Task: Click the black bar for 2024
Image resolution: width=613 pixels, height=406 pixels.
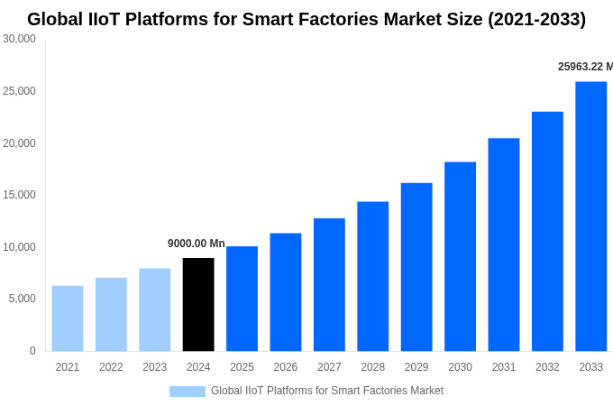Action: point(198,305)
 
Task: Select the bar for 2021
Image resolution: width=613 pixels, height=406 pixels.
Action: point(68,318)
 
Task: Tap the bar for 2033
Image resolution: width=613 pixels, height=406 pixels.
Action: point(590,217)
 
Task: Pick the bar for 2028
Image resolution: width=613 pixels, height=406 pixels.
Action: point(372,276)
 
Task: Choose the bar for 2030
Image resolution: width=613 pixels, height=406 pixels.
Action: point(460,256)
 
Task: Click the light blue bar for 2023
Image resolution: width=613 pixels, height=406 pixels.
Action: point(154,309)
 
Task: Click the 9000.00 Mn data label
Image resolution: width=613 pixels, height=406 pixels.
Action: point(197,244)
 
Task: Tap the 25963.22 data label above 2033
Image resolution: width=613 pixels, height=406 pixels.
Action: point(584,67)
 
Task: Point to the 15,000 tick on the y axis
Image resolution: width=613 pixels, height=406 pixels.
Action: point(19,195)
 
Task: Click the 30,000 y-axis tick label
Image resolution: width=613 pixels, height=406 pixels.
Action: point(19,39)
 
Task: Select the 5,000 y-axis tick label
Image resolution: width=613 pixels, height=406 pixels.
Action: point(22,299)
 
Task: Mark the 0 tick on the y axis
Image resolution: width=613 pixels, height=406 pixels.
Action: point(32,351)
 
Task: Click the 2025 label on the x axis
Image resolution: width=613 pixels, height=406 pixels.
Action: point(242,367)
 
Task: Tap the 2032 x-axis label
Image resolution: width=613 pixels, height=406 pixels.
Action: point(547,367)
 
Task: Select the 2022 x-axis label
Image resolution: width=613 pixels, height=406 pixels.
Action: point(111,367)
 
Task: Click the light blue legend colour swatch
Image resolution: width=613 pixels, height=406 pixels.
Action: point(188,392)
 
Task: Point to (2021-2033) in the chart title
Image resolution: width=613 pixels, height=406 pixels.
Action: point(536,19)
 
